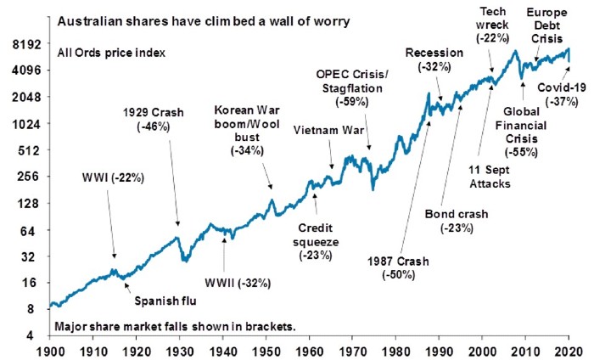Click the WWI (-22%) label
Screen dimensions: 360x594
[x=114, y=179]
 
